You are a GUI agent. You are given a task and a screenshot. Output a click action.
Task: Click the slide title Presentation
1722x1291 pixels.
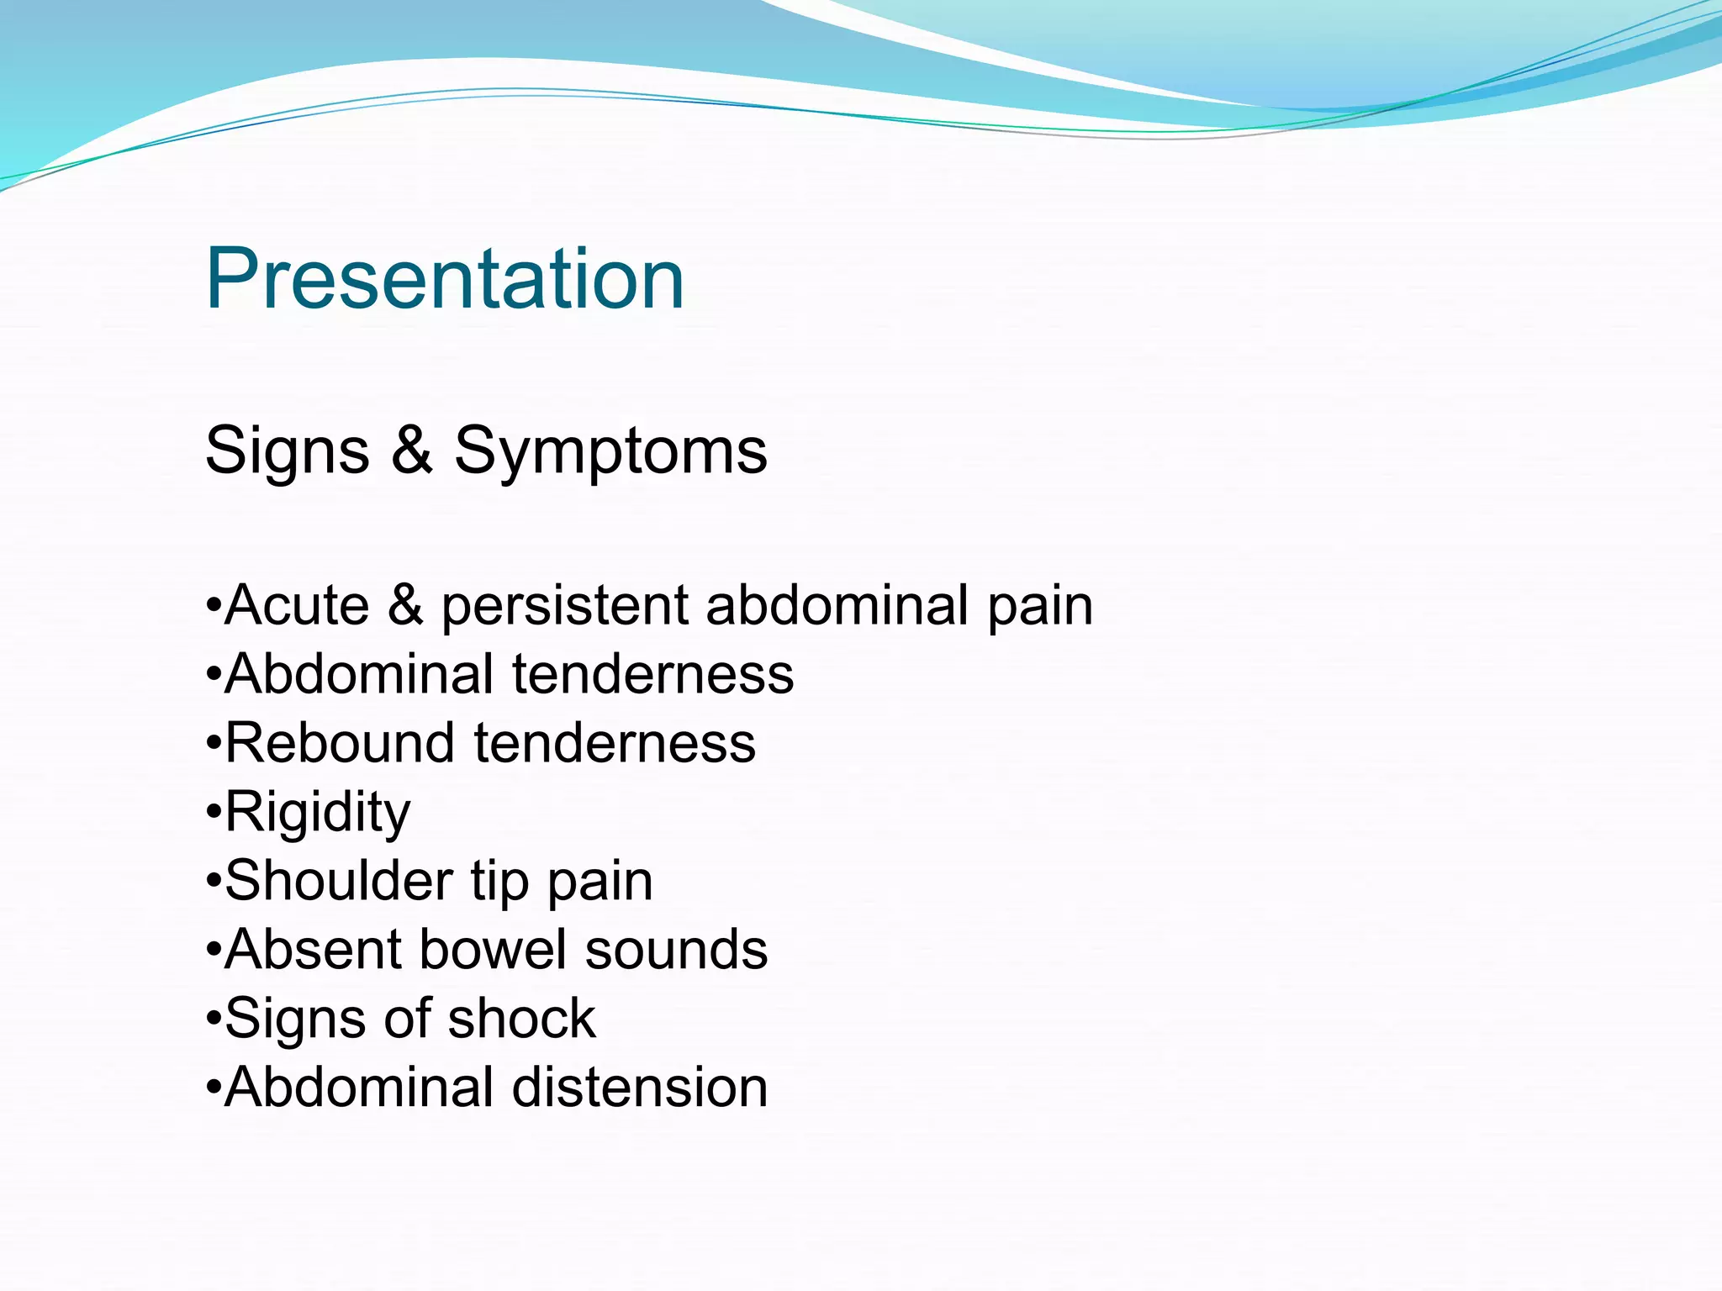coord(445,279)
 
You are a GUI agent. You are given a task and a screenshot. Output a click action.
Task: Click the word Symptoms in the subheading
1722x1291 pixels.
coord(610,451)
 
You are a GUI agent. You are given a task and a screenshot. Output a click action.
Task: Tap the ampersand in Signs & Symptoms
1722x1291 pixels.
coord(411,450)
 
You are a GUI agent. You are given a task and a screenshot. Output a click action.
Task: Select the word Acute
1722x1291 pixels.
coord(297,605)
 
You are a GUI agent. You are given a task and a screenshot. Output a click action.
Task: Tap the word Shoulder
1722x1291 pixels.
coord(339,881)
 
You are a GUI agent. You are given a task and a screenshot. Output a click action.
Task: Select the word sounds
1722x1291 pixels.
coord(676,950)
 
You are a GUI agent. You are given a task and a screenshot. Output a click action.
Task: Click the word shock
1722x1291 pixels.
coord(521,1019)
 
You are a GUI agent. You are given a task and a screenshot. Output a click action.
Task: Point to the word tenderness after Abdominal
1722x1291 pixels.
coord(652,674)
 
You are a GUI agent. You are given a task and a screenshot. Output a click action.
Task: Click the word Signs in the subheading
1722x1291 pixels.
coord(287,451)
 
